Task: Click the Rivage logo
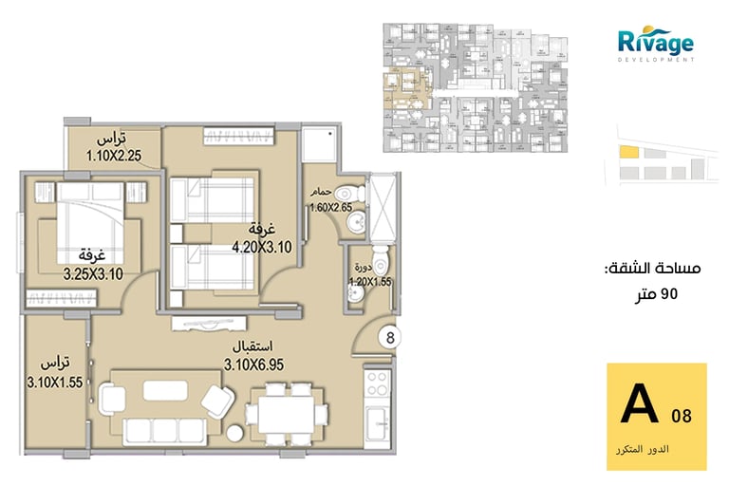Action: (x=656, y=45)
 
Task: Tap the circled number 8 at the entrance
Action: (x=390, y=338)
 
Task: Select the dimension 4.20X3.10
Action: (x=262, y=247)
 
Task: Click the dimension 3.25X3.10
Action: (x=93, y=274)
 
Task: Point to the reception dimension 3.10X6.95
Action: (x=253, y=364)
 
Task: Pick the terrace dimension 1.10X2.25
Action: (x=114, y=155)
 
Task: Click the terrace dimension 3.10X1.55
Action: (x=55, y=383)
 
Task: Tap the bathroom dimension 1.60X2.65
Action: (x=331, y=208)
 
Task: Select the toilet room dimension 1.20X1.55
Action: (x=370, y=282)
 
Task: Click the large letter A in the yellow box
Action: (x=640, y=403)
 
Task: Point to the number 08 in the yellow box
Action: (x=682, y=416)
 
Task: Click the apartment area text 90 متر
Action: (x=657, y=294)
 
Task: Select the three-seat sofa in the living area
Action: (x=165, y=431)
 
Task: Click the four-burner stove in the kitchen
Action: (x=377, y=383)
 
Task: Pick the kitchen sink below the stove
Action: (x=377, y=422)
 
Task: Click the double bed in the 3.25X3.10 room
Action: (x=91, y=223)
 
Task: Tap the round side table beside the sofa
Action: (x=234, y=434)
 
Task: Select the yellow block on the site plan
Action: (x=629, y=152)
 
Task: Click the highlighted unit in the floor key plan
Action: (x=403, y=89)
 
